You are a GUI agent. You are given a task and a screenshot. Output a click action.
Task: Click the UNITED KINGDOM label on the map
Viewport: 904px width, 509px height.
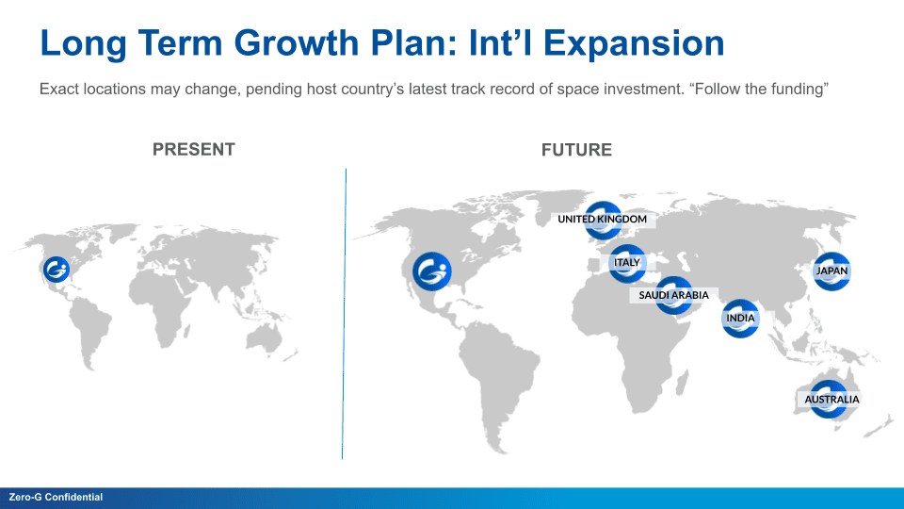[x=602, y=220]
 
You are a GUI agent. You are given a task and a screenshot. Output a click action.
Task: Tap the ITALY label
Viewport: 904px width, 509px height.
[x=627, y=263]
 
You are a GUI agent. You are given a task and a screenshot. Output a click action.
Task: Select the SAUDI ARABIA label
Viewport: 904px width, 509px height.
[x=673, y=295]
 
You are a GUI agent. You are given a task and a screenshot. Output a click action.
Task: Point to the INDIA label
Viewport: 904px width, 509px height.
[x=740, y=318]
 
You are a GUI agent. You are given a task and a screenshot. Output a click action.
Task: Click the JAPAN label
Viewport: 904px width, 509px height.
[x=831, y=271]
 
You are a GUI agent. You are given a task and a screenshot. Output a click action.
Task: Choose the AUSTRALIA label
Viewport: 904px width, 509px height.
[x=831, y=400]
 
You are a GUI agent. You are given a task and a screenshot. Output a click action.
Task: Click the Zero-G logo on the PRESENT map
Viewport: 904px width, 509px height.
[x=56, y=270]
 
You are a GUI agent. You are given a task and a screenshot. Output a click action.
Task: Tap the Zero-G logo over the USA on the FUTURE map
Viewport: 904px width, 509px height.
[x=432, y=271]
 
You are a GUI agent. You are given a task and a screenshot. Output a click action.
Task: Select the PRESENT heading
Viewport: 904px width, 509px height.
[x=194, y=150]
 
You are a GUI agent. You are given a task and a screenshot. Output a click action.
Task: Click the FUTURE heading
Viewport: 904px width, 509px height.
[x=576, y=150]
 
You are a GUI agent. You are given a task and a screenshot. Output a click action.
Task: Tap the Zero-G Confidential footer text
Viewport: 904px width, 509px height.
[x=56, y=497]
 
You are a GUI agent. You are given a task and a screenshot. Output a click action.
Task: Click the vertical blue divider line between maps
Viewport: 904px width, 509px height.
[x=345, y=314]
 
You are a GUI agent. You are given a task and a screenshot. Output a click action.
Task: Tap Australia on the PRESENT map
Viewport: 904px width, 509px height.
[x=264, y=338]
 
